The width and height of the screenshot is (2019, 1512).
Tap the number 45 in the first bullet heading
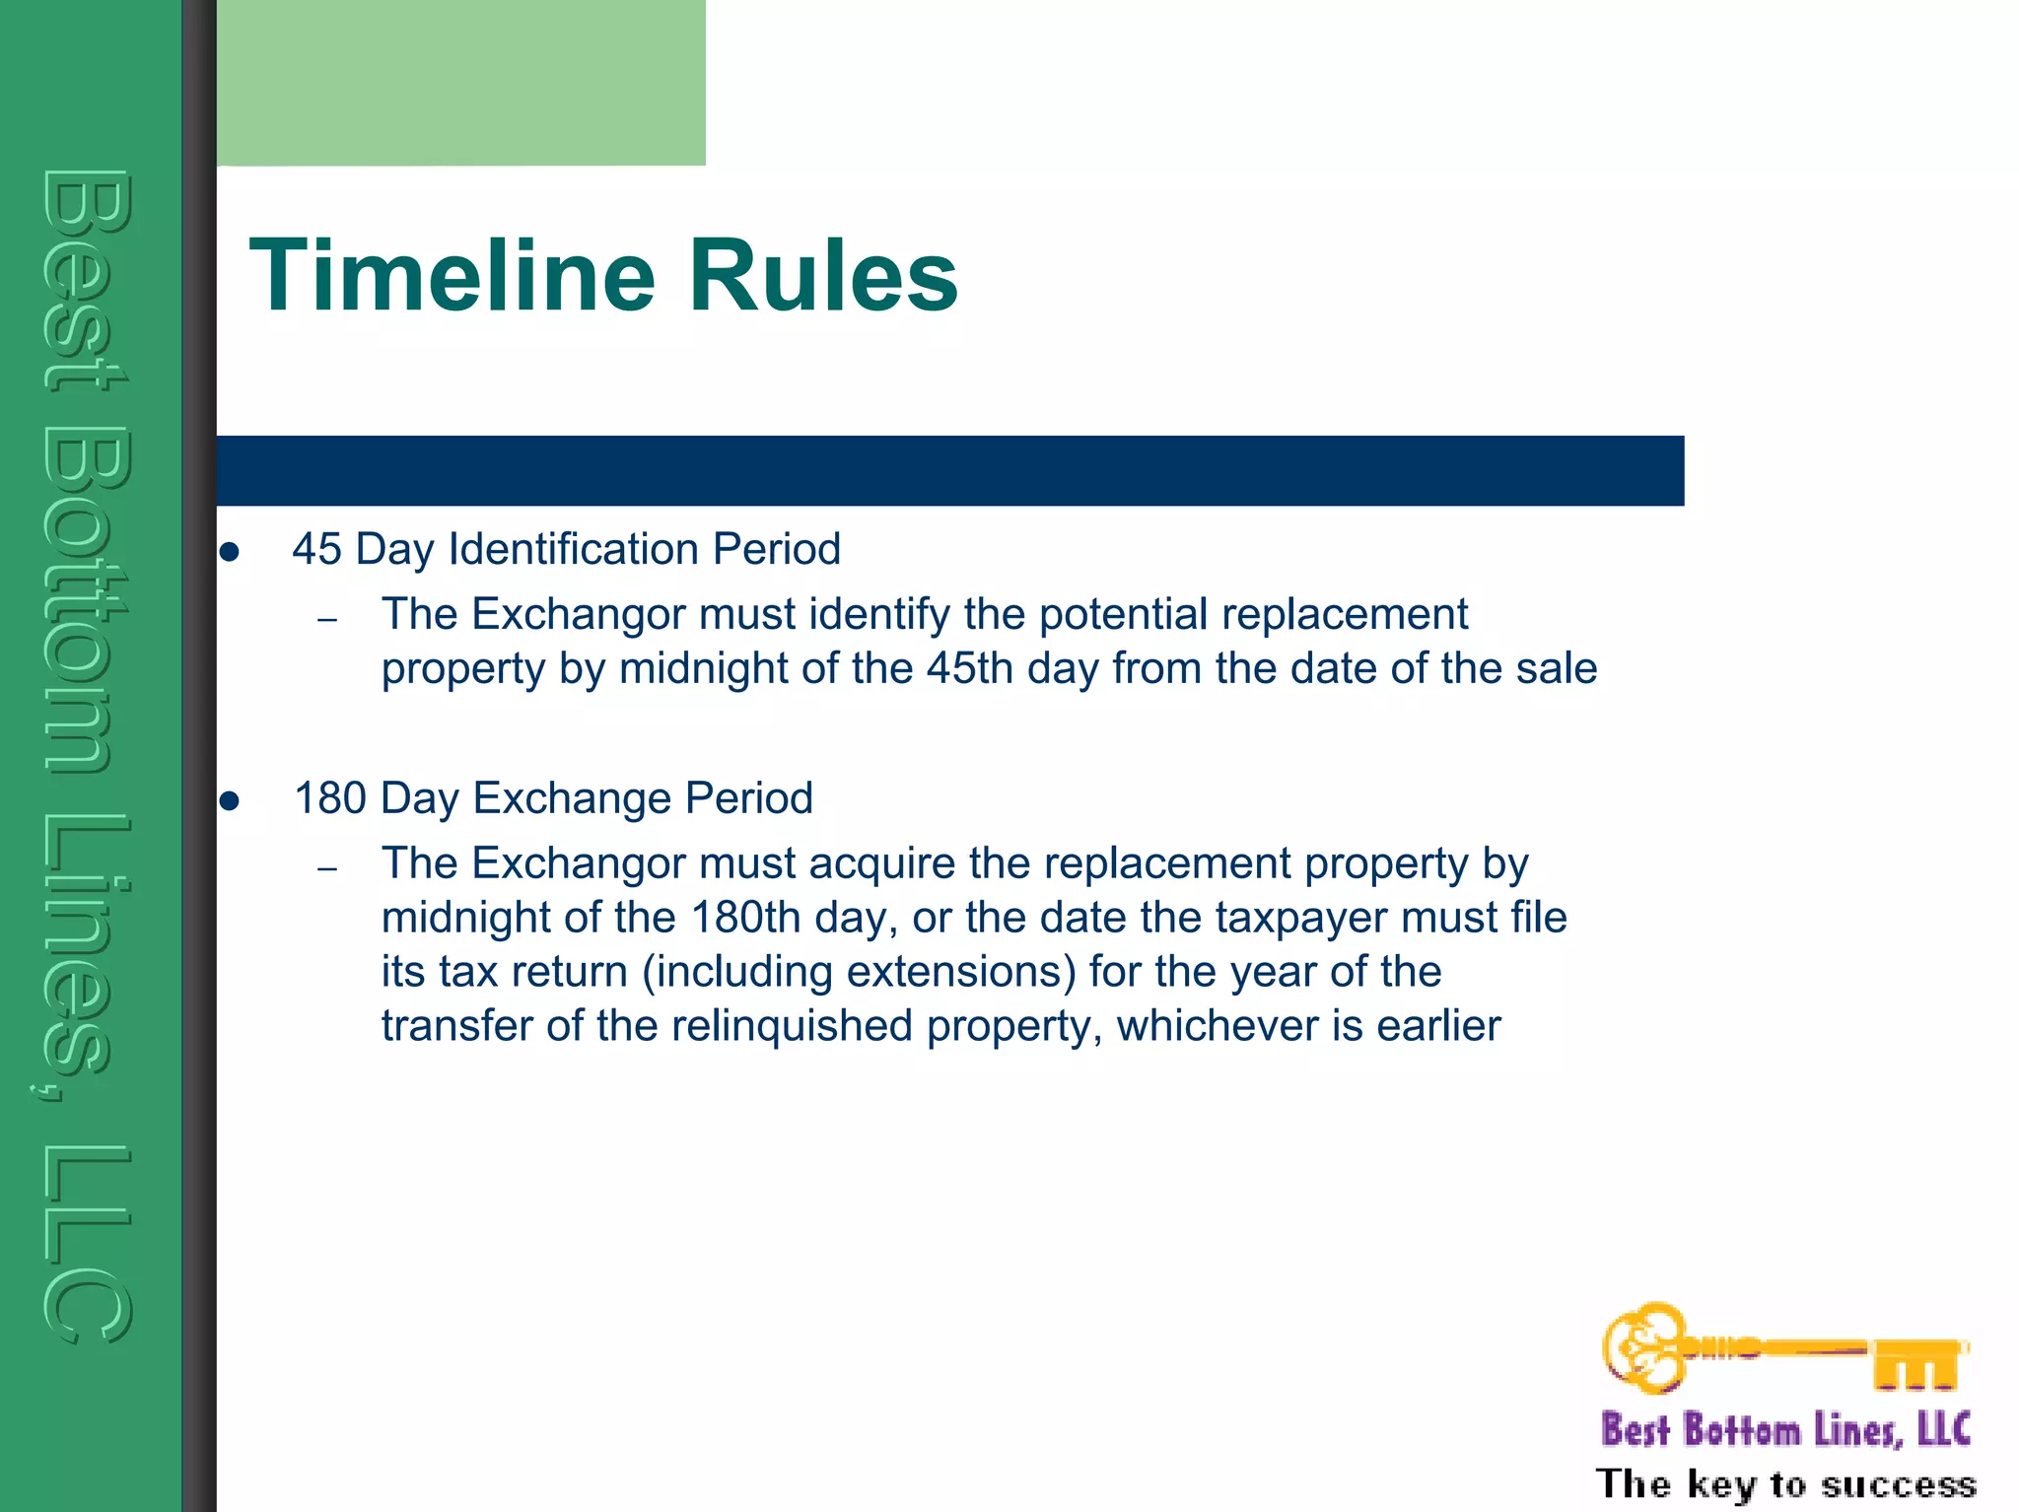click(316, 549)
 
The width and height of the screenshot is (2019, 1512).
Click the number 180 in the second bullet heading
click(330, 798)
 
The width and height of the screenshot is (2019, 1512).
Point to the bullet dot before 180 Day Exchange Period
click(230, 801)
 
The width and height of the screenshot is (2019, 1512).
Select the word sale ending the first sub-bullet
click(1557, 668)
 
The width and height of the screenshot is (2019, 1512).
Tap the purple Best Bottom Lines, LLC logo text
click(1785, 1430)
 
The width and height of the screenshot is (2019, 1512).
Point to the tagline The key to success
click(1785, 1484)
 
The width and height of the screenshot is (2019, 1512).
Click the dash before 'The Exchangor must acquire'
click(328, 868)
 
